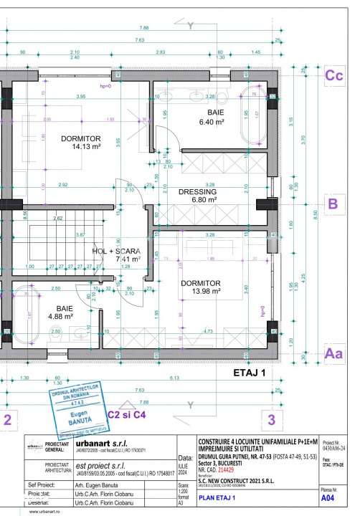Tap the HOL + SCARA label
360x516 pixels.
[x=116, y=252]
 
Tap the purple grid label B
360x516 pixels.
[x=332, y=204]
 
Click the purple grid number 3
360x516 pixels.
[x=270, y=419]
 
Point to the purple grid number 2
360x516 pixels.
[x=7, y=419]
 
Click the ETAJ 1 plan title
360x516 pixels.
[x=250, y=373]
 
